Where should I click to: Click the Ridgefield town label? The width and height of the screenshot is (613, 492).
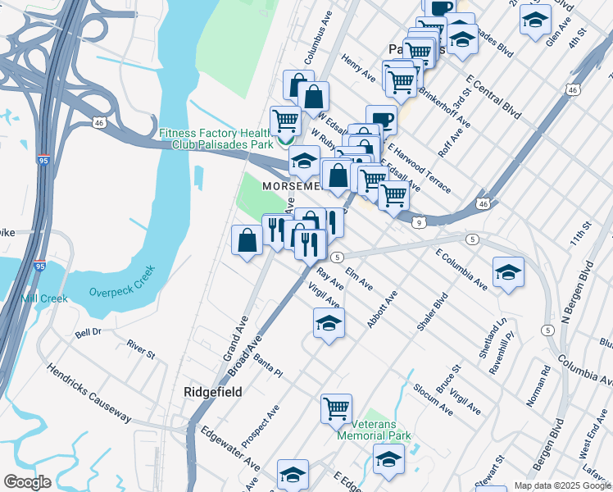point(211,392)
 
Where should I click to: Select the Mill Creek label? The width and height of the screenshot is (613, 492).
point(44,298)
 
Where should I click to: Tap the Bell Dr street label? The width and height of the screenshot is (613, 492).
point(88,333)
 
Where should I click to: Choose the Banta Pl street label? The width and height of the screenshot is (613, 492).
point(268,367)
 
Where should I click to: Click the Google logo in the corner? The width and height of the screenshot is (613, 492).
point(27,482)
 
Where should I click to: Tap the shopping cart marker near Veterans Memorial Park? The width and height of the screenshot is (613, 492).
point(336,408)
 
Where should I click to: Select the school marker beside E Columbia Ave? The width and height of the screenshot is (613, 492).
point(508,272)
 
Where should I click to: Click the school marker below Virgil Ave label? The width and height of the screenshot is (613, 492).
point(329,322)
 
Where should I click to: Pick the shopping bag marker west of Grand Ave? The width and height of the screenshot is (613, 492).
point(247,239)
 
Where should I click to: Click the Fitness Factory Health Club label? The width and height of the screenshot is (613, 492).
point(215,139)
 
